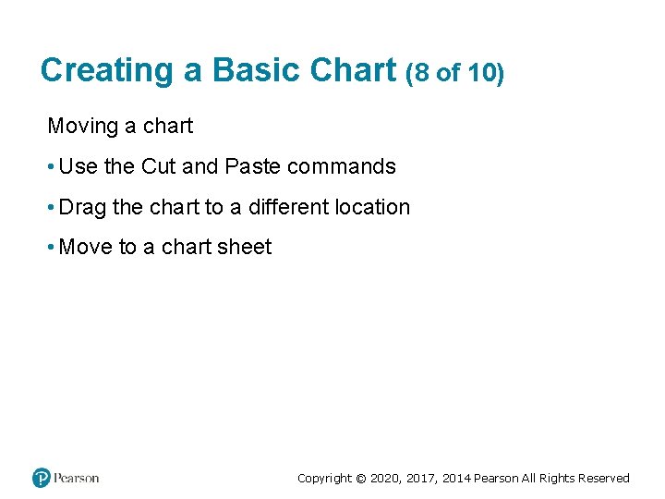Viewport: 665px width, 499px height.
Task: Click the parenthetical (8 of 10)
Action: (x=454, y=72)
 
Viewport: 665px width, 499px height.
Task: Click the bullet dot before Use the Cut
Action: (x=51, y=167)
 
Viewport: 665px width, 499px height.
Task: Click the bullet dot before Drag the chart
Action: (x=51, y=208)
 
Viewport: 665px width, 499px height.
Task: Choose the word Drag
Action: (x=82, y=207)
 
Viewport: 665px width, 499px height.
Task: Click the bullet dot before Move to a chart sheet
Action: (x=51, y=248)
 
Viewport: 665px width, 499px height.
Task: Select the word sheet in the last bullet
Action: (x=245, y=247)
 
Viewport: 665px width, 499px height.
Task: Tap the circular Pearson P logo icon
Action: (x=42, y=478)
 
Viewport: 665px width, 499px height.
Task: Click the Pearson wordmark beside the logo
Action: (x=76, y=478)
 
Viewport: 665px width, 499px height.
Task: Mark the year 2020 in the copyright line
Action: (x=384, y=479)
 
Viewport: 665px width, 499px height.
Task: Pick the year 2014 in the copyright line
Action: (x=456, y=479)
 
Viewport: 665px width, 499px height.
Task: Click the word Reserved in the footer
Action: (x=603, y=479)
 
